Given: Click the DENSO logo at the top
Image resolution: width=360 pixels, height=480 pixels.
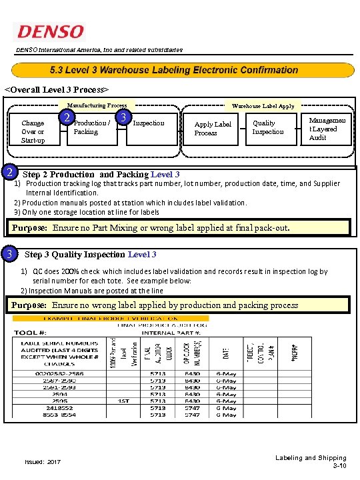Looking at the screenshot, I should (51, 31).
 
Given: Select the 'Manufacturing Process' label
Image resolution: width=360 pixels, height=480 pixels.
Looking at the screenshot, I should (97, 105).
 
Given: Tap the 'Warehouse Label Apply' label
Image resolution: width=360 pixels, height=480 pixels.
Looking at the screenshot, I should (263, 105).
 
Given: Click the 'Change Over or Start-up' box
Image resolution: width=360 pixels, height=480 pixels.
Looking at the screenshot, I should (33, 131).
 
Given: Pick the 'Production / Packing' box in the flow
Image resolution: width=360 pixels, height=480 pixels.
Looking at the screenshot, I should (91, 127).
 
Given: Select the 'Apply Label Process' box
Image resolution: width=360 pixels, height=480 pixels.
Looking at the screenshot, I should (213, 129).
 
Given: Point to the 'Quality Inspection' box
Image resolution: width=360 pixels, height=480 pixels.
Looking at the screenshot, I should (267, 127).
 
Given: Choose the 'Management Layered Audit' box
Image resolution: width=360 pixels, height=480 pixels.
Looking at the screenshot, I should (323, 129).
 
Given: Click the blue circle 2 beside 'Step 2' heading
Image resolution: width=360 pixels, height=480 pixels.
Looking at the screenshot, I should (9, 173).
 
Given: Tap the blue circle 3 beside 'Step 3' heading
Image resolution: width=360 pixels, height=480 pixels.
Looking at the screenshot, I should (9, 254).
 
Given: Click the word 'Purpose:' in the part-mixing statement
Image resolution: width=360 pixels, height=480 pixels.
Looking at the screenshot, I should (29, 227).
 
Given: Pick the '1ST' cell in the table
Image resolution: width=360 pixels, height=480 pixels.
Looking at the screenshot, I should (123, 401).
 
